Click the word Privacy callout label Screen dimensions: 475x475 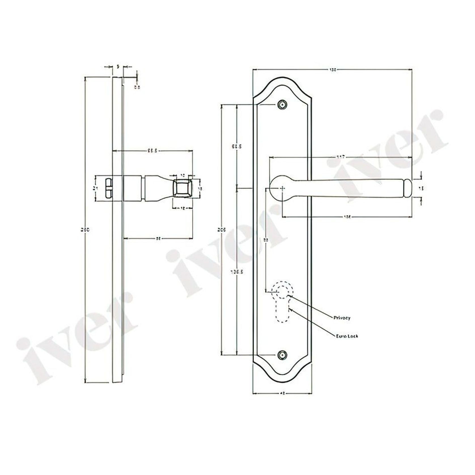[342, 318]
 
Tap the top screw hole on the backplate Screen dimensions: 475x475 [282, 105]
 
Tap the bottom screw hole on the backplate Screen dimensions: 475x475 [282, 355]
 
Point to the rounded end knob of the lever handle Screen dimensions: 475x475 [407, 188]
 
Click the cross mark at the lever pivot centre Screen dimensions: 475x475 [283, 188]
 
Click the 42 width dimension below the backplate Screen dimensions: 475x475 [282, 393]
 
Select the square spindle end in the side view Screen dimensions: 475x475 [182, 188]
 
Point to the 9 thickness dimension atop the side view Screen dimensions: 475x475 [118, 67]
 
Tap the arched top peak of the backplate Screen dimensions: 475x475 [282, 79]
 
